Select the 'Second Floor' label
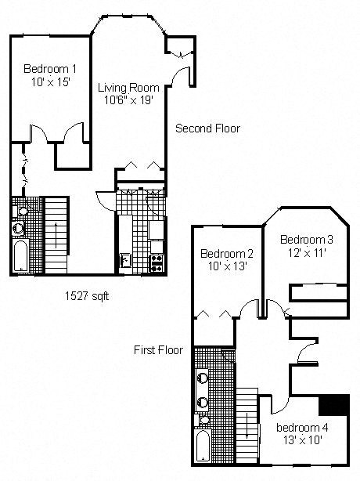click(x=207, y=128)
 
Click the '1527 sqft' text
click(x=87, y=296)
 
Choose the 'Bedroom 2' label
click(x=227, y=254)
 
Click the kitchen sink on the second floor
click(x=125, y=259)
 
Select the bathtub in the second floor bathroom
click(x=20, y=256)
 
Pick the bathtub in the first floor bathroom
click(x=203, y=446)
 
